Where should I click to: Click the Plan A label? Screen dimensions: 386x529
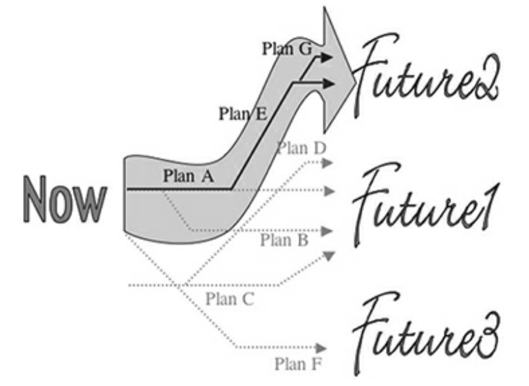point(187,176)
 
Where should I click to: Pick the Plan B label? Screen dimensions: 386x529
point(284,240)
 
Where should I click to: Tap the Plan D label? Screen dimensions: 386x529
point(301,148)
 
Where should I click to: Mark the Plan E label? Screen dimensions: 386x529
point(242,114)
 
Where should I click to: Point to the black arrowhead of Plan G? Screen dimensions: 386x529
point(326,57)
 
